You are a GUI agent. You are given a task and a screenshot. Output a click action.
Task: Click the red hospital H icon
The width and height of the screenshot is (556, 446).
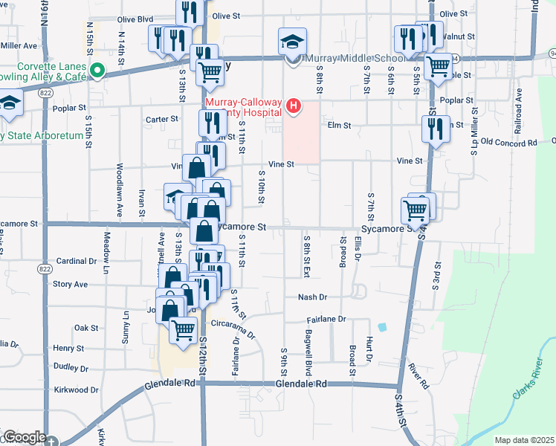point(294,106)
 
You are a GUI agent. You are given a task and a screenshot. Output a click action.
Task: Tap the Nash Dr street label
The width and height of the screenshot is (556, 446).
point(312,297)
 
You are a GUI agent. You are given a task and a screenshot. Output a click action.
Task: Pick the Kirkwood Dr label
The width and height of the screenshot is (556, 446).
point(76,390)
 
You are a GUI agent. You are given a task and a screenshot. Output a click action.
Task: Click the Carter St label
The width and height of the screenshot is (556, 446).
point(162,119)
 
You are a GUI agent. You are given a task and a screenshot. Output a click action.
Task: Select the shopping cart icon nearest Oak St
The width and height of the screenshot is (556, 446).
point(183,329)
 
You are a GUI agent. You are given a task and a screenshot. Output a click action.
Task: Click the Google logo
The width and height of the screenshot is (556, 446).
point(24,437)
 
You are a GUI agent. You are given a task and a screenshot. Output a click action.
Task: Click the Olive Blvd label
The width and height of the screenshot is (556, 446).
point(136,19)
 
